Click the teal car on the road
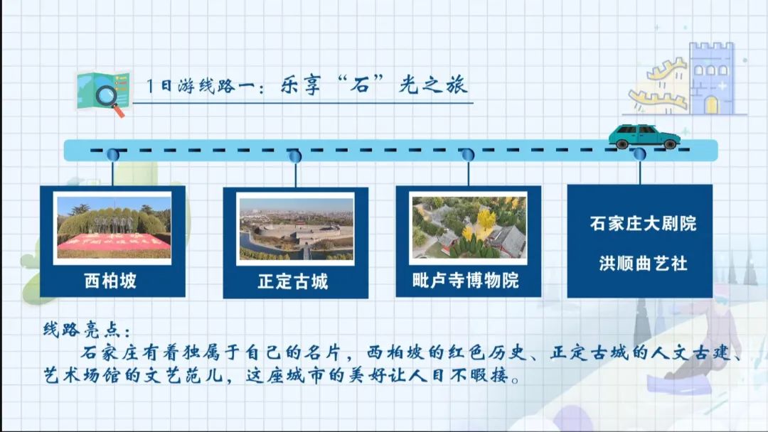(x=644, y=136)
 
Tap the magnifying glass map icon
(x=103, y=94)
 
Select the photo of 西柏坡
(x=114, y=227)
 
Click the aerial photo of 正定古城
(x=296, y=229)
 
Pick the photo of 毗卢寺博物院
(x=469, y=227)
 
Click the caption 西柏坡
(x=110, y=281)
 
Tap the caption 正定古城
(x=293, y=281)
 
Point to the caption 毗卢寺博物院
(x=466, y=281)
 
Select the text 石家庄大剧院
(x=643, y=224)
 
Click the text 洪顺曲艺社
(x=643, y=264)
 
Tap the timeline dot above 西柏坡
(x=113, y=155)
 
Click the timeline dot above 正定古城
(x=295, y=156)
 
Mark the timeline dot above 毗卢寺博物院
(x=468, y=155)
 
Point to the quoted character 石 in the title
(x=361, y=86)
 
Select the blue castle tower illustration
(x=712, y=78)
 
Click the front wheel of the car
(x=670, y=144)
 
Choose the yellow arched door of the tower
(x=711, y=105)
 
